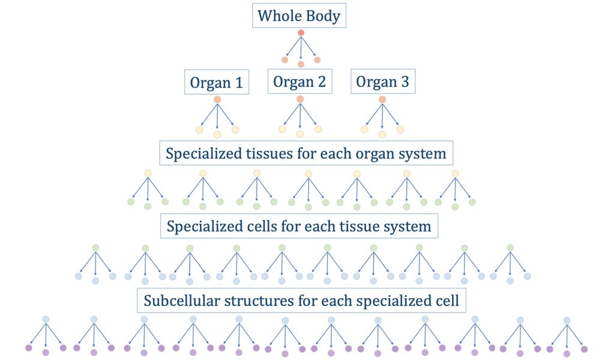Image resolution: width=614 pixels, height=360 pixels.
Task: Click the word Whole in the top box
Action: coord(277,16)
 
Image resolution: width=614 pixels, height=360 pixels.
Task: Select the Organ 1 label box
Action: coord(216,83)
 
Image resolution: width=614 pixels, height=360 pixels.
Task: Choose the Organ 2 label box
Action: coord(299,82)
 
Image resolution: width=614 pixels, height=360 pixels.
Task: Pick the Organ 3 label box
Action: coord(383,82)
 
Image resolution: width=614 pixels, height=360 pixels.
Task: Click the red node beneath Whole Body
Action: coord(301,32)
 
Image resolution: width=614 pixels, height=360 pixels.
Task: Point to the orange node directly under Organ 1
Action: coord(217,99)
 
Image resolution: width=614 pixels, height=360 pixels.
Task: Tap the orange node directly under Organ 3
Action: coord(382,99)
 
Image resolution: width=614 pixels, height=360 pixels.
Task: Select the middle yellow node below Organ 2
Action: coord(300,133)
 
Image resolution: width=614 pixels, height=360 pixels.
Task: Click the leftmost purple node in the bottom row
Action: coord(28,347)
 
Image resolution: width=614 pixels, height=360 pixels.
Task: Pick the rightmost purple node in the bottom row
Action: coord(584,349)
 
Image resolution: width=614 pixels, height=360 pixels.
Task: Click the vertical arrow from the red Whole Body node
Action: coord(301,48)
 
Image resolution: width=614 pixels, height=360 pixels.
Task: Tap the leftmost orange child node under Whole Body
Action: coord(285,59)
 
